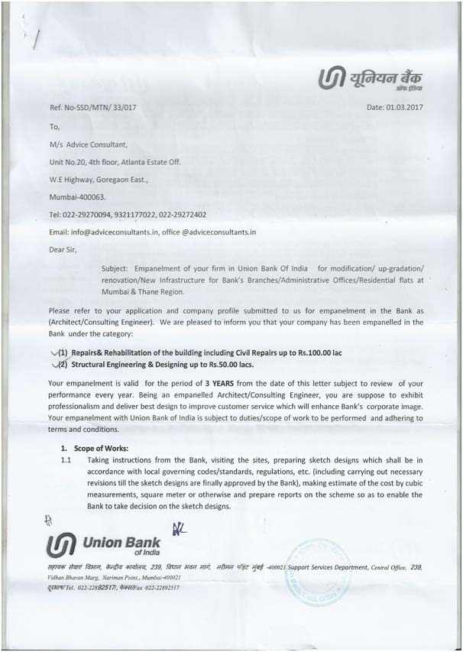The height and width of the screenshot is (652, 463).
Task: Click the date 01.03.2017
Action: (404, 107)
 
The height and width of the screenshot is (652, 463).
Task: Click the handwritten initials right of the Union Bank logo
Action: (181, 528)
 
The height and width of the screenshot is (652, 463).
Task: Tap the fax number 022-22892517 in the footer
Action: (155, 588)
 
